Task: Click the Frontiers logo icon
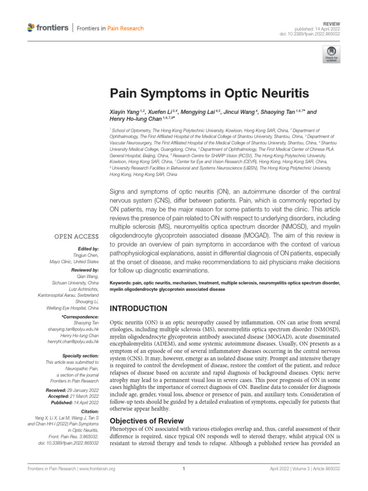[31, 28]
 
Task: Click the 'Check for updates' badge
[330, 55]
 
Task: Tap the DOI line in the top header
[316, 34]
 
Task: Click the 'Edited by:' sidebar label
[88, 249]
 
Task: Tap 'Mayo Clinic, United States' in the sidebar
[74, 261]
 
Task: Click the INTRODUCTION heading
[139, 308]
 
